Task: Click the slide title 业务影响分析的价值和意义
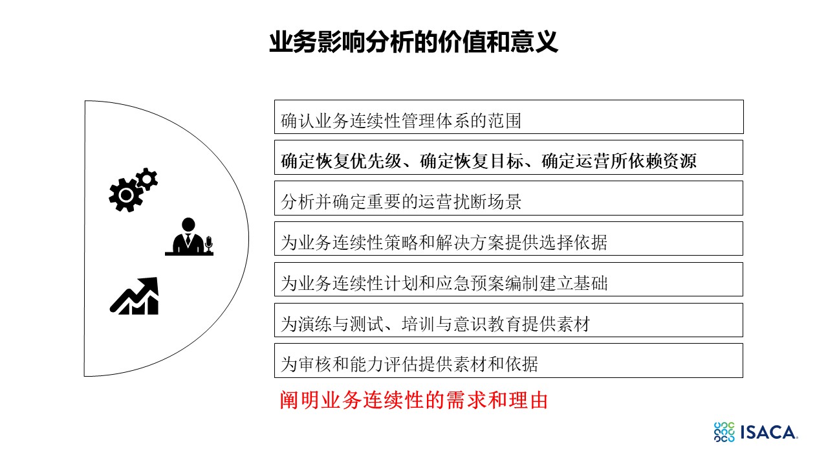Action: tap(413, 42)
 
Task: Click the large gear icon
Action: tap(126, 195)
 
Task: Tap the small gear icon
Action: tap(147, 179)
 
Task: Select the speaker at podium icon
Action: tap(189, 237)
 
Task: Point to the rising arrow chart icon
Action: tap(134, 296)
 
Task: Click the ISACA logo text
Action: tap(769, 432)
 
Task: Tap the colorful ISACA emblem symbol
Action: tap(724, 432)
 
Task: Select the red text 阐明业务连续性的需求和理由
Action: tap(413, 400)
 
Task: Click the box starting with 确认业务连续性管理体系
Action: tap(508, 117)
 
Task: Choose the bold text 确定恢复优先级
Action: tap(341, 161)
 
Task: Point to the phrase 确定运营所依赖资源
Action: tap(619, 161)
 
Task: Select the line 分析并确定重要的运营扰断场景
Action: tap(400, 202)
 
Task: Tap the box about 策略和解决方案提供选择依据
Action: tap(508, 239)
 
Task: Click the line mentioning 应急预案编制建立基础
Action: tap(444, 283)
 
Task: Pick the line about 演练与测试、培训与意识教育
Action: tap(435, 324)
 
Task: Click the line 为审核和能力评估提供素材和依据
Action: tap(409, 364)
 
